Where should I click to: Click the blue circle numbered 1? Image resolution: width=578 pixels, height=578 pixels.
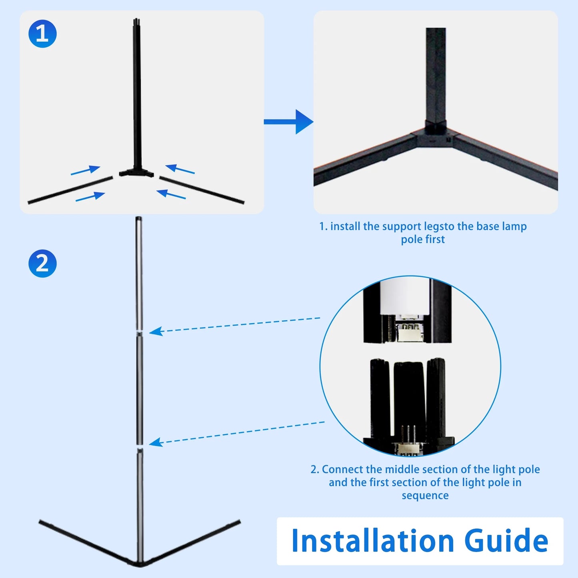[42, 34]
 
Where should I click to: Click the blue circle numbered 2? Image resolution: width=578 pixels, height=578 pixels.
[42, 264]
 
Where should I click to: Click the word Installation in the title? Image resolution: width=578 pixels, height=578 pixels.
[372, 541]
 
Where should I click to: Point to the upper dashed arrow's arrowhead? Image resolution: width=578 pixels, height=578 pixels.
[156, 331]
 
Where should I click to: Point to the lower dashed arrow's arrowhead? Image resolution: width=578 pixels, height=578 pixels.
[156, 442]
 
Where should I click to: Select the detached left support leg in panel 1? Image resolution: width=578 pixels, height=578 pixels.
[70, 190]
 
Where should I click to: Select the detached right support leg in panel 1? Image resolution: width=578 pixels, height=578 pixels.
[202, 190]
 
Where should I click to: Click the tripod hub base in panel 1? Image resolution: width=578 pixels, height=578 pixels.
[136, 173]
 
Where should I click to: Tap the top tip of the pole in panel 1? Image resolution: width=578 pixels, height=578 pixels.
[137, 20]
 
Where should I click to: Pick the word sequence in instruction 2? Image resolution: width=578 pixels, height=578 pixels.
[425, 496]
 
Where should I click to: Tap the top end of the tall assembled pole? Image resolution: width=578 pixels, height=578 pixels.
[139, 219]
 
